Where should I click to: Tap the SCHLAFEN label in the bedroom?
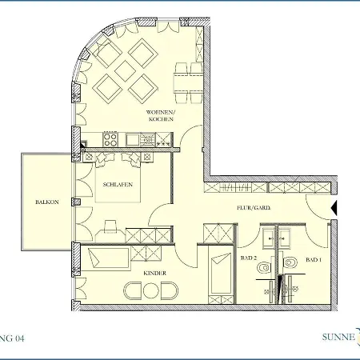click(117, 185)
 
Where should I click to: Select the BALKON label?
click(46, 202)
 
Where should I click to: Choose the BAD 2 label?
click(248, 260)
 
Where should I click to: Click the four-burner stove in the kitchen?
click(110, 139)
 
